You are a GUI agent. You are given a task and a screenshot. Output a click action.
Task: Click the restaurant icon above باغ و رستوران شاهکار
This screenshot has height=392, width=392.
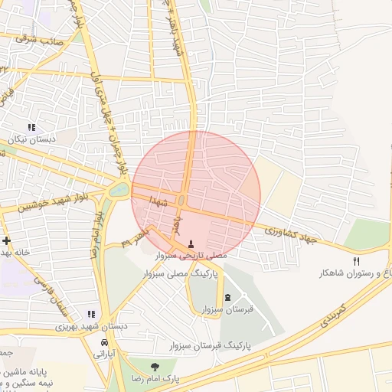pos(356,262)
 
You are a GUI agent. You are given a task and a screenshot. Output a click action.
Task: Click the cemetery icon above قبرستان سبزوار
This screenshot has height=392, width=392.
pos(227,297)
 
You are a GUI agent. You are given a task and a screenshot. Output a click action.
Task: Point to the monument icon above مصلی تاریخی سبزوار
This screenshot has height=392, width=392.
pos(191,243)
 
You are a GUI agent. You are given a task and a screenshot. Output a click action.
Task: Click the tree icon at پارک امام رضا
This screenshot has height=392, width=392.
pos(155,367)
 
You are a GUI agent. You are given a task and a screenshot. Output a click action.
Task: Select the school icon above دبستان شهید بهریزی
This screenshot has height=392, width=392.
pos(91,314)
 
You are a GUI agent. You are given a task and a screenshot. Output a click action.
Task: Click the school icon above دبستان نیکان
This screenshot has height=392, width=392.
pos(31,127)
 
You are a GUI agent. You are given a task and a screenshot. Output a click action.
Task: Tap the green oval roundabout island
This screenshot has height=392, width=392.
pos(119,189)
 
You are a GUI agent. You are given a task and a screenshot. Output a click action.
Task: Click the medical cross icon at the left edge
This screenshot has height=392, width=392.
pos(5,240)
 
